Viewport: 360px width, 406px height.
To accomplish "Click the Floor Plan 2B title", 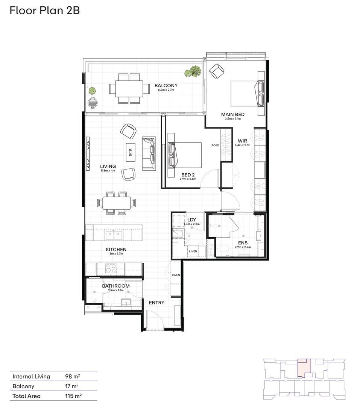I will click(45, 11).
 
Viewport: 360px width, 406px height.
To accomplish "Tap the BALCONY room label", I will click(166, 86).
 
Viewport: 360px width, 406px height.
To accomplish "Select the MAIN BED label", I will click(232, 114).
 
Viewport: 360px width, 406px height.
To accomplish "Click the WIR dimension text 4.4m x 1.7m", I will click(242, 145).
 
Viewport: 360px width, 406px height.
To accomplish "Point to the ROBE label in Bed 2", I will click(215, 145).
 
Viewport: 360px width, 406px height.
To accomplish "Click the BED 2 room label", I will click(188, 174).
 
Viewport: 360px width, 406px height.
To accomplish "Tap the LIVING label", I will click(108, 166).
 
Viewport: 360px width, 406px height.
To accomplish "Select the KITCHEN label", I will click(116, 249).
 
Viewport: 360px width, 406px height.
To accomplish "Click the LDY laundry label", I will click(191, 220).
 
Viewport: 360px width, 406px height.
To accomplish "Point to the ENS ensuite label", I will click(242, 243).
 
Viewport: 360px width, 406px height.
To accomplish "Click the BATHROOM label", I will click(116, 286).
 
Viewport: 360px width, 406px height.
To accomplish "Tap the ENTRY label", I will click(156, 303).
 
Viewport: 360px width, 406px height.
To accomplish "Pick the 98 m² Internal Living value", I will click(73, 376).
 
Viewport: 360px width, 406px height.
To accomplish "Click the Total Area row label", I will click(26, 396).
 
